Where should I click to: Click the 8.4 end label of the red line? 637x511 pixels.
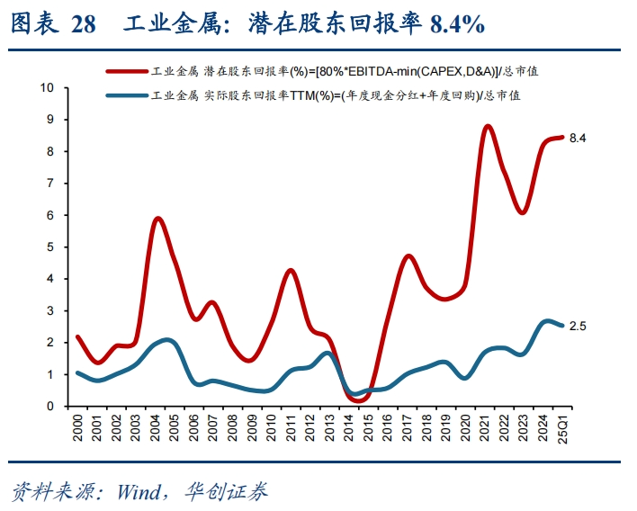click(578, 138)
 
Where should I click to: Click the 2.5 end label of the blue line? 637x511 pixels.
click(578, 326)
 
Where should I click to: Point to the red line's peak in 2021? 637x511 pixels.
click(488, 126)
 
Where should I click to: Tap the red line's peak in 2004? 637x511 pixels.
click(158, 219)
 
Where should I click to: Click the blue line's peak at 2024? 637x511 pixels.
click(548, 320)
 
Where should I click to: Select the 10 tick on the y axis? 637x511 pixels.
click(48, 87)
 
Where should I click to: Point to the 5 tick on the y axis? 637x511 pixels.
click(50, 247)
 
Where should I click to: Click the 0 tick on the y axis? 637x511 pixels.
click(50, 406)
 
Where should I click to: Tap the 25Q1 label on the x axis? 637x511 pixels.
click(564, 427)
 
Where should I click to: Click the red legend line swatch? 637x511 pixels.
click(127, 70)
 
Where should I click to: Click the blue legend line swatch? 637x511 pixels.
click(127, 94)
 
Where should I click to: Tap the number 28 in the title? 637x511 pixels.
click(83, 24)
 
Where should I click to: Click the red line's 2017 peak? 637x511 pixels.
click(408, 255)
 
